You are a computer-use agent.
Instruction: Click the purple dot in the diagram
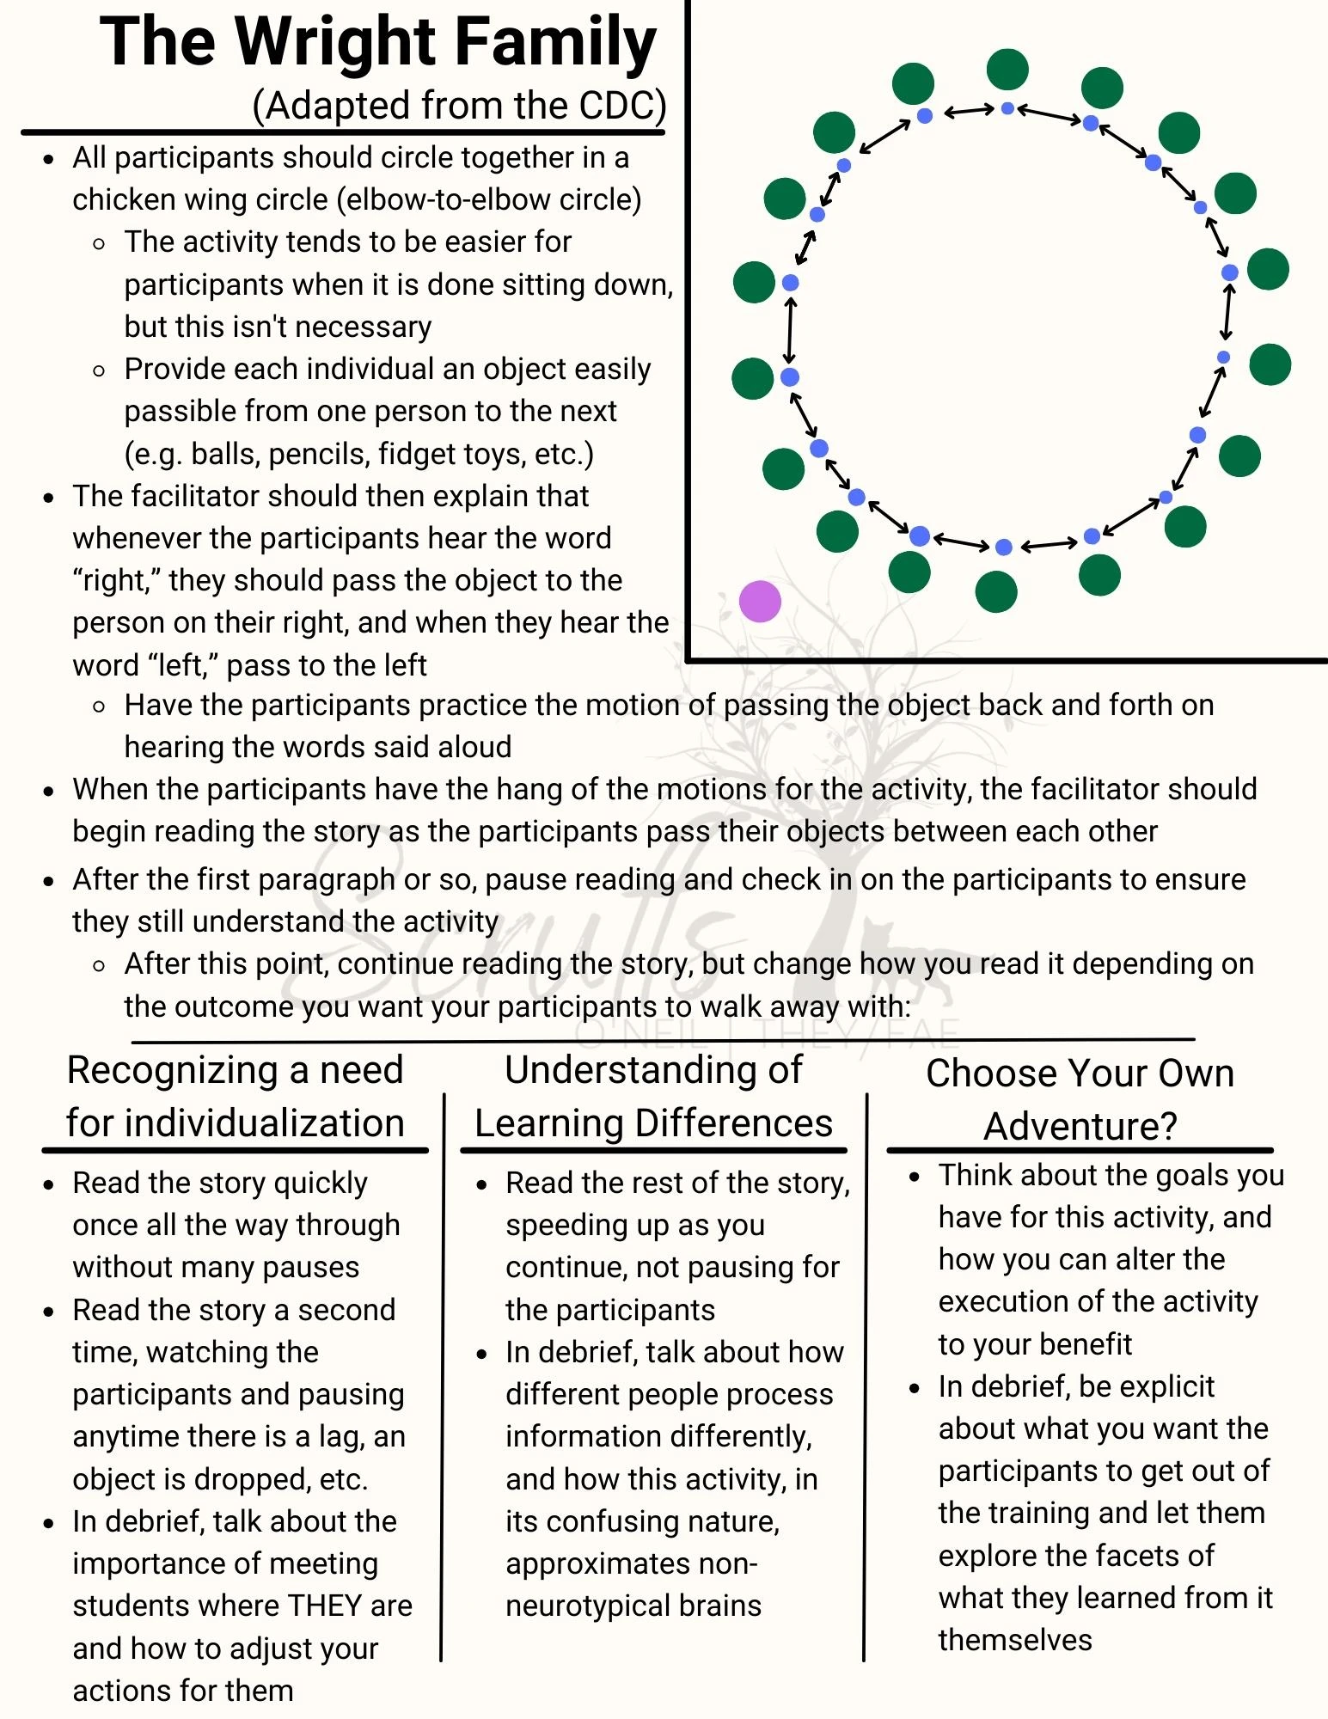pyautogui.click(x=760, y=601)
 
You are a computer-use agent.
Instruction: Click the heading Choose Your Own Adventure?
pyautogui.click(x=1080, y=1099)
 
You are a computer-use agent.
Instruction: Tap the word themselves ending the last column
pyautogui.click(x=1015, y=1640)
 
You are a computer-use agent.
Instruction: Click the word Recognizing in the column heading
pyautogui.click(x=171, y=1070)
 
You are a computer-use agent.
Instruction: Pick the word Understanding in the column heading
pyautogui.click(x=652, y=1070)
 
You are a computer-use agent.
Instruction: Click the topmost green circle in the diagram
pyautogui.click(x=1007, y=70)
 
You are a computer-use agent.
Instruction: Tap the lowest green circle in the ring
pyautogui.click(x=996, y=591)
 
